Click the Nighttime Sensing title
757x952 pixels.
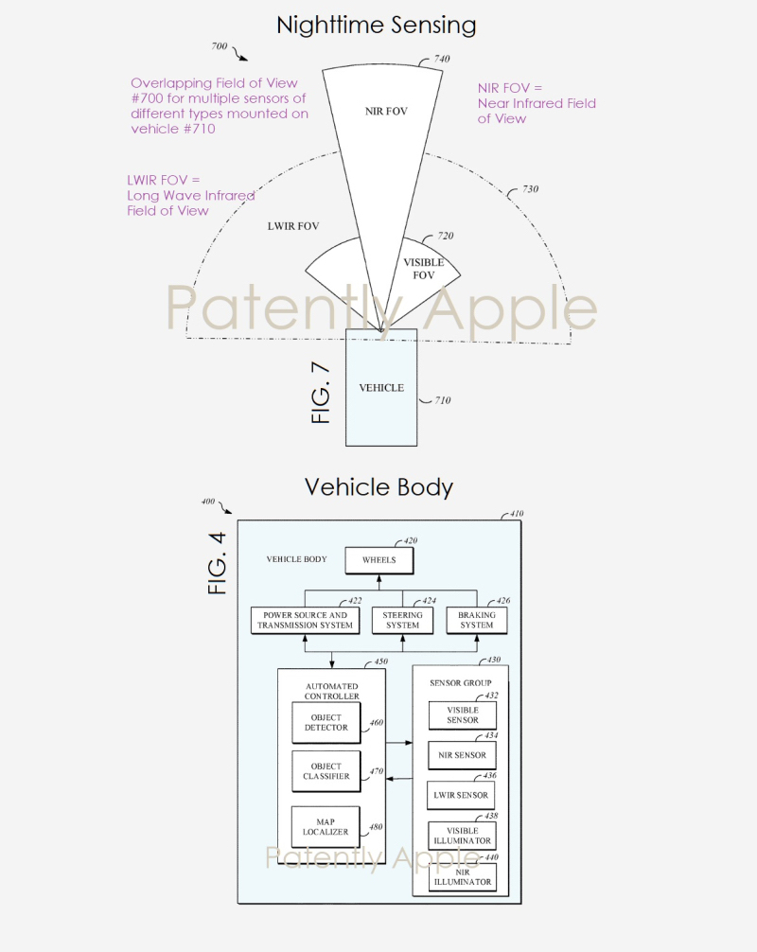pyautogui.click(x=377, y=26)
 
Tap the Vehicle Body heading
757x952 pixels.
pyautogui.click(x=378, y=487)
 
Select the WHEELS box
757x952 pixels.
pyautogui.click(x=378, y=560)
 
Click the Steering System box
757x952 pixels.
pyautogui.click(x=402, y=620)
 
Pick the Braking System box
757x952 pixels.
pyautogui.click(x=476, y=620)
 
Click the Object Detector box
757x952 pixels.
pyautogui.click(x=326, y=723)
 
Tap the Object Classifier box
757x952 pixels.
pyautogui.click(x=326, y=771)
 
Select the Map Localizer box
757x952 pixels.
pyautogui.click(x=326, y=826)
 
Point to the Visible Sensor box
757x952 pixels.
pyautogui.click(x=462, y=714)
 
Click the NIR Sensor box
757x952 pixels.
pyautogui.click(x=462, y=755)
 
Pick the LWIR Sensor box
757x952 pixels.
pyautogui.click(x=462, y=795)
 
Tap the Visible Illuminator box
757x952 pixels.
pyautogui.click(x=462, y=836)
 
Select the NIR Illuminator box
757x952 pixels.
pyautogui.click(x=462, y=876)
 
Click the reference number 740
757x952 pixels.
pyautogui.click(x=441, y=59)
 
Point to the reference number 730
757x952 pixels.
pyautogui.click(x=530, y=189)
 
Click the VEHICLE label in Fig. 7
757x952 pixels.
pyautogui.click(x=381, y=388)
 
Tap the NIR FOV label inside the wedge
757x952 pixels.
pyautogui.click(x=386, y=112)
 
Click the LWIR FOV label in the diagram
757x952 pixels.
pyautogui.click(x=292, y=226)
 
